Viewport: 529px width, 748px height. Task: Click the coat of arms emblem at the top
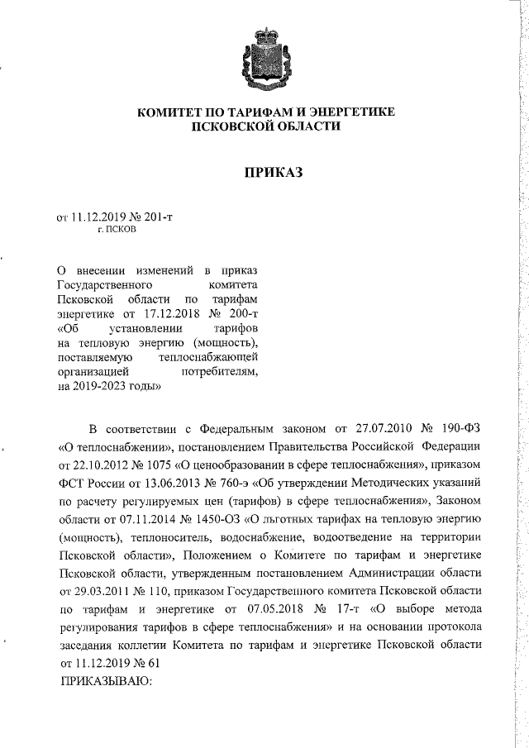(x=263, y=59)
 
